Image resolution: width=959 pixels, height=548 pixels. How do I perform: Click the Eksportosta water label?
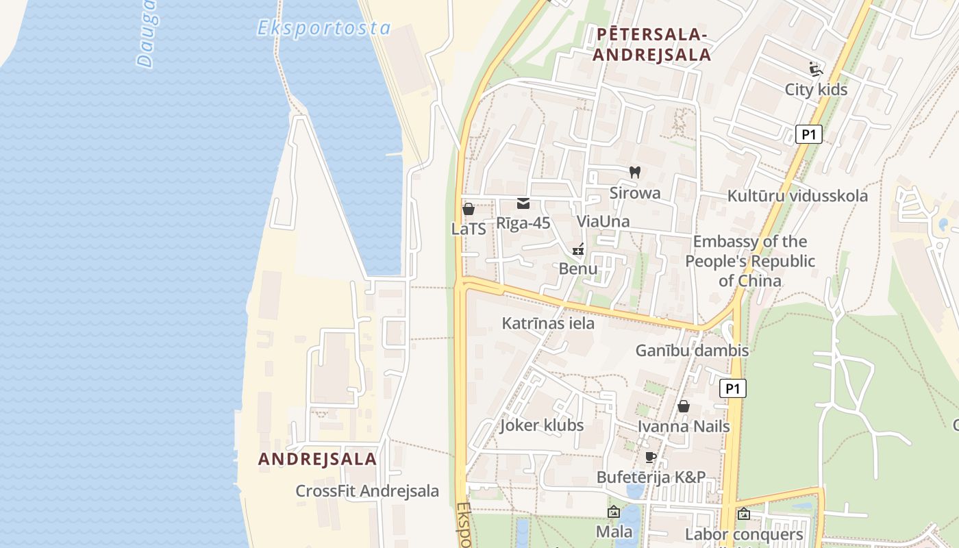(x=323, y=28)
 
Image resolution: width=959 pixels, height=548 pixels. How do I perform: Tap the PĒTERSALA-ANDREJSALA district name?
(x=651, y=44)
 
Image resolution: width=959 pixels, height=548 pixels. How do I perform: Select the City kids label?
(x=816, y=90)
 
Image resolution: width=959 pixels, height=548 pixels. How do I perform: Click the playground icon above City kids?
(x=815, y=69)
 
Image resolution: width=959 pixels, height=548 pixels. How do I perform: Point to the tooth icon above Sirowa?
(x=634, y=173)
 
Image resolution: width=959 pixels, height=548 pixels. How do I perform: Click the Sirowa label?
(x=635, y=193)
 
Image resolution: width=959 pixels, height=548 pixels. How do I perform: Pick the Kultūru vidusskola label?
(x=797, y=196)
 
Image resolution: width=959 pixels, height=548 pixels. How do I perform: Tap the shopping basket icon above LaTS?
(x=469, y=209)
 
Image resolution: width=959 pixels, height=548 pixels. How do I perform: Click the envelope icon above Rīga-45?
(x=523, y=203)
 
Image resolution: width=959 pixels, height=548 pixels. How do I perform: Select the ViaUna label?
(x=603, y=221)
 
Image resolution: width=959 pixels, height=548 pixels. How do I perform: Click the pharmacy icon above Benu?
(x=578, y=249)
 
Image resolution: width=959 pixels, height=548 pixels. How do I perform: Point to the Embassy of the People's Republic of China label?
(x=750, y=261)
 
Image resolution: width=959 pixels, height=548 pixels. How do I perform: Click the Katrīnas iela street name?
(x=548, y=323)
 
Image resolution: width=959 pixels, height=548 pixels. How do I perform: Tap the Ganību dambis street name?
(x=692, y=351)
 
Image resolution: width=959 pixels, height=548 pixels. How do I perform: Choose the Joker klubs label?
(x=541, y=425)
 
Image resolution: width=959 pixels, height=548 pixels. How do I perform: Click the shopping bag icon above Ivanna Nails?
(x=683, y=406)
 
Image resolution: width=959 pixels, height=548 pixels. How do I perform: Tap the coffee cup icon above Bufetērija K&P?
(x=651, y=457)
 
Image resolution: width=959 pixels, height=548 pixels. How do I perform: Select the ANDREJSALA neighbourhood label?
(x=317, y=459)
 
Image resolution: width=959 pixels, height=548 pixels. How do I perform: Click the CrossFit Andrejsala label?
(x=367, y=491)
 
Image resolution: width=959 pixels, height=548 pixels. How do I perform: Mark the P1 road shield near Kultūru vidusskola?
(x=808, y=134)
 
